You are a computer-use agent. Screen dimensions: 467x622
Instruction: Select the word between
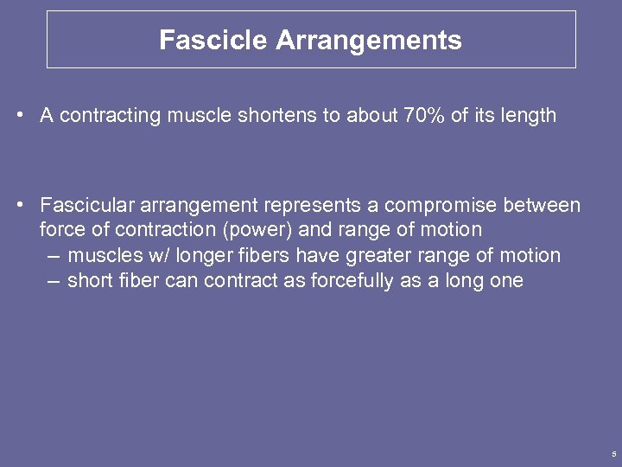[545, 206]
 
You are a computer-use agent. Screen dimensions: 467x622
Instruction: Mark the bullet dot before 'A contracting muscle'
[19, 116]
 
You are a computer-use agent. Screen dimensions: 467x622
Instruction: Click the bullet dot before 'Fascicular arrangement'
[19, 206]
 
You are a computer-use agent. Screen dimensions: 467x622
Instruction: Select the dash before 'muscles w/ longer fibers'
[54, 256]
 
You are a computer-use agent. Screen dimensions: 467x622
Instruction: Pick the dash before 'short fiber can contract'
[54, 281]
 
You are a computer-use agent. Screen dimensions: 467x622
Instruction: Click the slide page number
[612, 454]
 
